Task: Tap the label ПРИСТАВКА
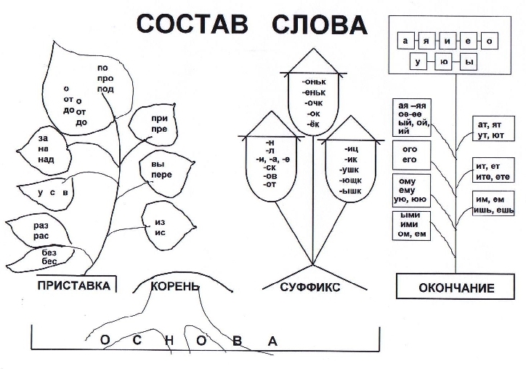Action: (74, 286)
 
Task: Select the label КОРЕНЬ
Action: (174, 286)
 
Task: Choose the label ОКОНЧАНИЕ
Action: (456, 288)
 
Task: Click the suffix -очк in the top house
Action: (314, 103)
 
